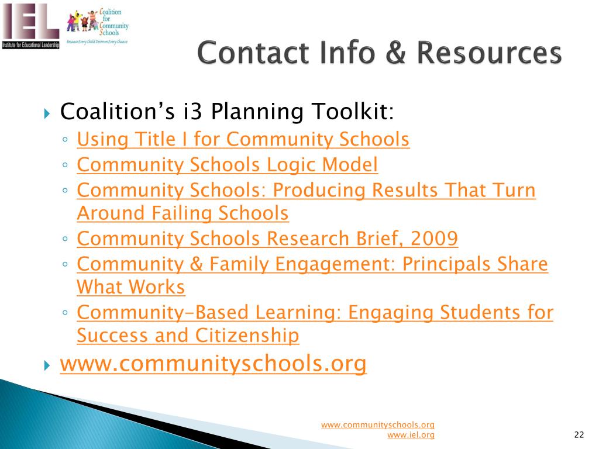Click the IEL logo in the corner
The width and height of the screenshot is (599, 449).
(x=30, y=26)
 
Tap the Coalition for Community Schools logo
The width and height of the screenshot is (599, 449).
(x=98, y=26)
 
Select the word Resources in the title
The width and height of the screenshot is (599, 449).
(x=489, y=53)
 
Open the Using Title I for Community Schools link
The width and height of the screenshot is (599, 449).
(x=243, y=139)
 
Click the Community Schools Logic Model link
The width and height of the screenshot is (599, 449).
(x=228, y=165)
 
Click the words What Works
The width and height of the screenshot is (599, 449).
(x=130, y=287)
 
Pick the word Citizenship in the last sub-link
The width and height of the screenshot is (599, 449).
(x=247, y=336)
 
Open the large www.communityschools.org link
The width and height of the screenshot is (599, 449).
(x=213, y=363)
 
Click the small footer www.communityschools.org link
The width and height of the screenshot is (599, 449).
(x=377, y=425)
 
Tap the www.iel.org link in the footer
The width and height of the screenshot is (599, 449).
(x=411, y=435)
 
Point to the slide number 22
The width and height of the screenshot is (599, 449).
(x=579, y=434)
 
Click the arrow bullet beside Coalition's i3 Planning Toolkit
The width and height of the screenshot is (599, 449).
(x=47, y=113)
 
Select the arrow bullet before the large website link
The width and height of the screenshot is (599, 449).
(x=47, y=365)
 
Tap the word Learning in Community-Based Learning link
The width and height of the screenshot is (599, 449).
(x=298, y=313)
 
